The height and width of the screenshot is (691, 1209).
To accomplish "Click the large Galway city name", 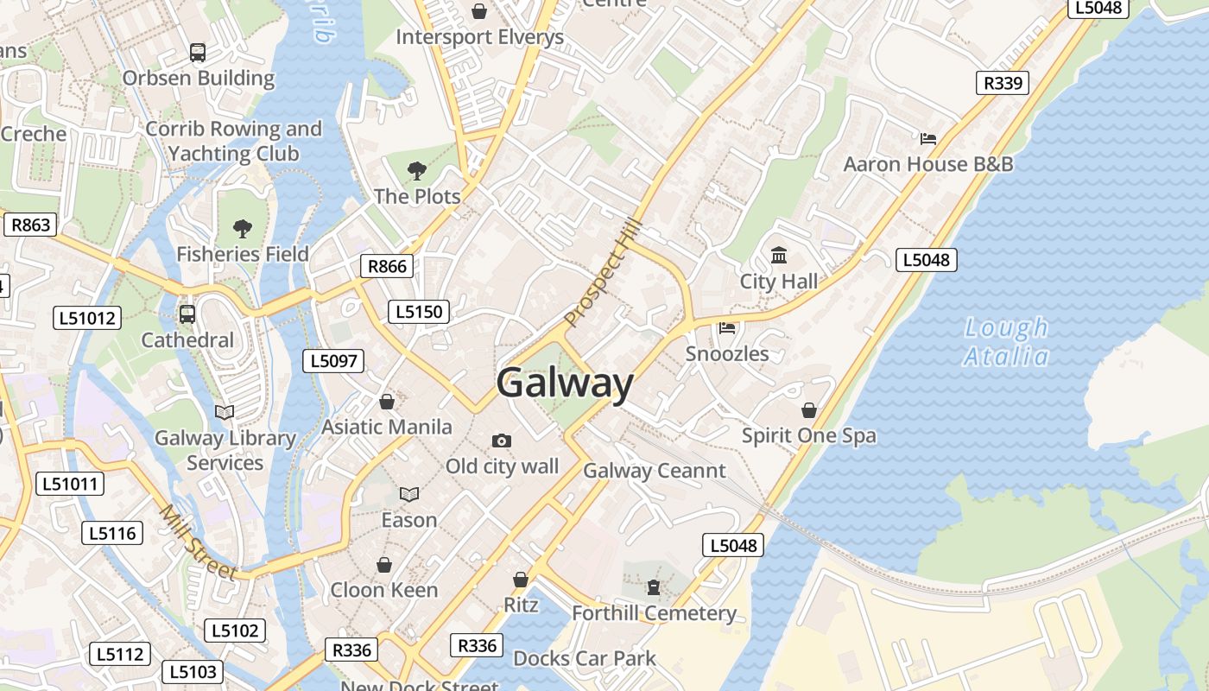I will coord(565,383).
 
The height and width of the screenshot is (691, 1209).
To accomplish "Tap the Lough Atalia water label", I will coord(1006,342).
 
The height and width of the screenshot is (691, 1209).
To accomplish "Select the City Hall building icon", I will coord(779,255).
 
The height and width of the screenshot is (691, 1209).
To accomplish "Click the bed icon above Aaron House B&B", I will coord(928,138).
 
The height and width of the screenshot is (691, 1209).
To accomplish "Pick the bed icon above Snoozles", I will coord(727,327).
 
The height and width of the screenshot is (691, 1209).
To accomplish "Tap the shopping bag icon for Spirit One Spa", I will coord(809,409).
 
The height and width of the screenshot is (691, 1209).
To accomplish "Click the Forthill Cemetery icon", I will coord(654,587).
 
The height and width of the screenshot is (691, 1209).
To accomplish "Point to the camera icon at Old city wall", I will coord(502,441).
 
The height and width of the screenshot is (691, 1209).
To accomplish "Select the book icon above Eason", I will coord(409,494).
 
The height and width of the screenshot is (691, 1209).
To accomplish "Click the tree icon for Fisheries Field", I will coord(243,228).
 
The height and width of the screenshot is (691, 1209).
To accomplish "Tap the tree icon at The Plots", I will coord(417,170).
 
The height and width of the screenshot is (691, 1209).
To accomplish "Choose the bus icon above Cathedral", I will coord(187,314).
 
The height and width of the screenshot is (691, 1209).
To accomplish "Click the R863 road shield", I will coord(30,225).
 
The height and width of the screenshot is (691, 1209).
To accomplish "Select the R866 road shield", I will coord(387,266).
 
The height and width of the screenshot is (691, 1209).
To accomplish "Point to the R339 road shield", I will coord(1003,83).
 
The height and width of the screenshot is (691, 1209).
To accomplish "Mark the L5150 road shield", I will coord(419,312).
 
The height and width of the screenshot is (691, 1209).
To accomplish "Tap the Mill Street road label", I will coord(198,542).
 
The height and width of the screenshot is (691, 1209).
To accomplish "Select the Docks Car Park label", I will coord(585,658).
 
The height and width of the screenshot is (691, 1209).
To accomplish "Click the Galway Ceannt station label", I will coord(655,471).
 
